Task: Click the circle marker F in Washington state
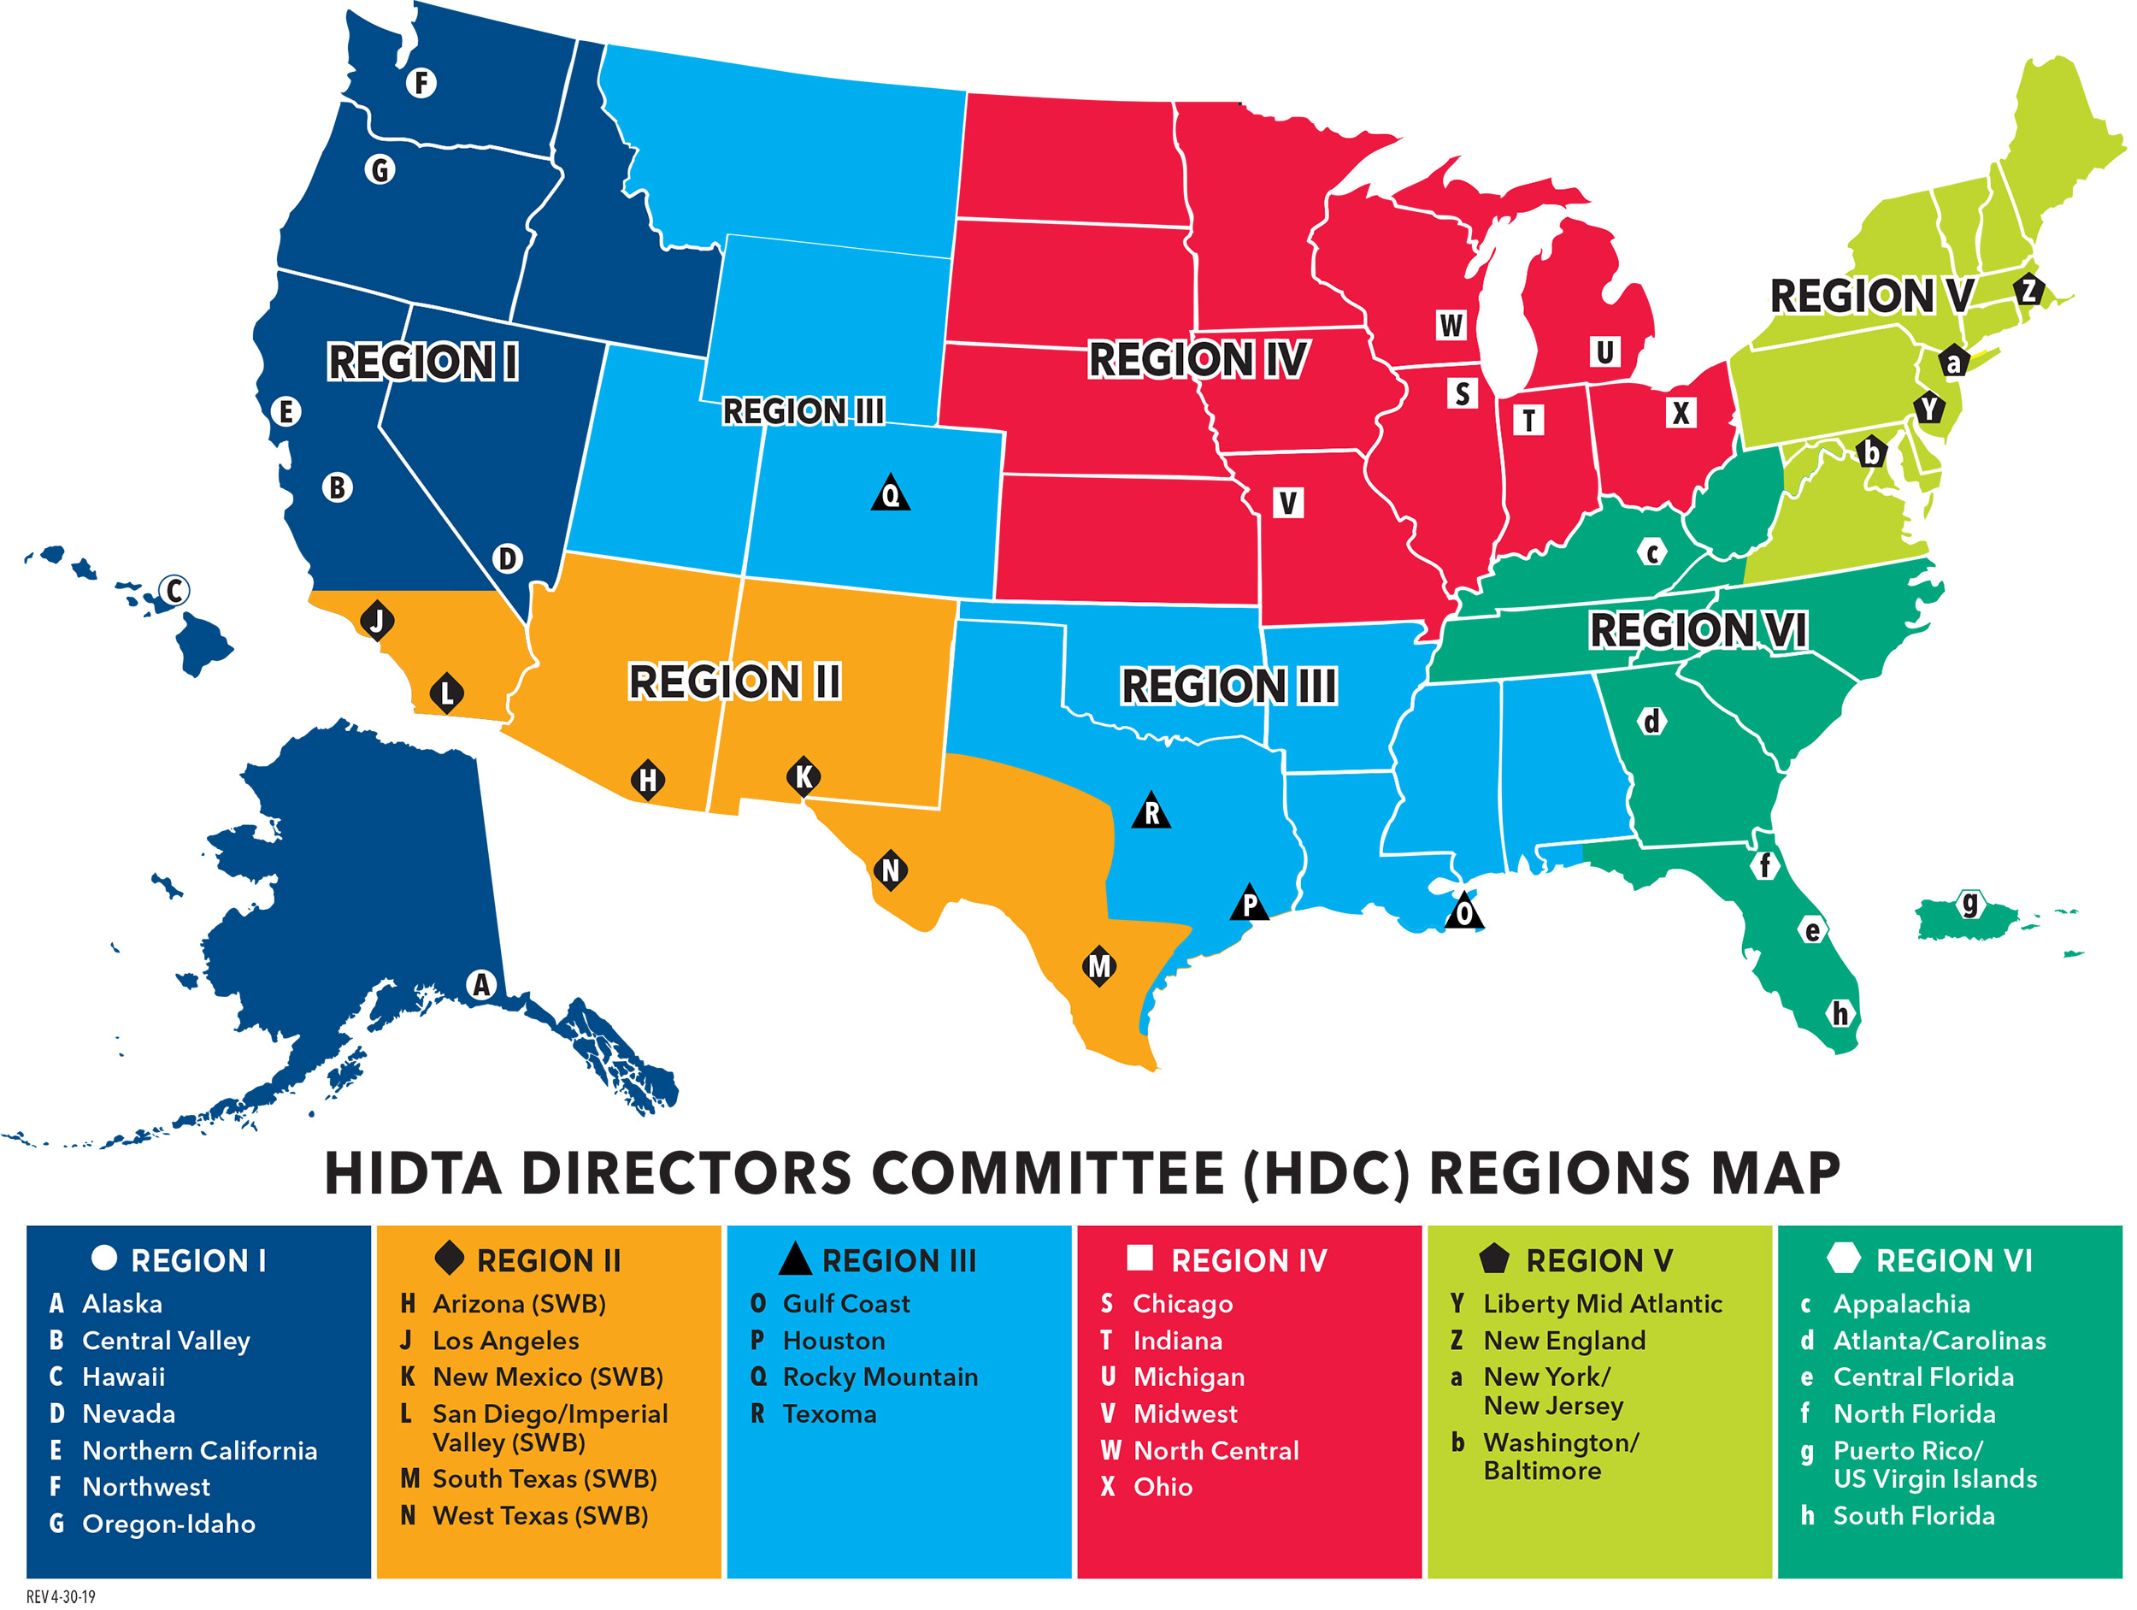click(x=421, y=83)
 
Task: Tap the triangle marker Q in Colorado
click(x=891, y=495)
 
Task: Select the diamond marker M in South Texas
click(x=1099, y=965)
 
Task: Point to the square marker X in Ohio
click(x=1681, y=413)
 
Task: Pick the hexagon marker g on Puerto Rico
click(x=1969, y=904)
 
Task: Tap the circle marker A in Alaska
click(x=481, y=985)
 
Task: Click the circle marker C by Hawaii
click(x=175, y=589)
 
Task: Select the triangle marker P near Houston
click(x=1249, y=904)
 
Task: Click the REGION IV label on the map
click(x=1198, y=359)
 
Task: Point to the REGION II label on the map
click(x=734, y=681)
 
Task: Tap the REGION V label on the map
click(x=1871, y=296)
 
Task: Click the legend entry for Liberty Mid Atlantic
click(x=1602, y=1304)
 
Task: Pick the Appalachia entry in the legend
click(x=1900, y=1304)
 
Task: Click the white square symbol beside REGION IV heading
click(x=1140, y=1257)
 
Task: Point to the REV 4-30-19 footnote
click(x=61, y=1596)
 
